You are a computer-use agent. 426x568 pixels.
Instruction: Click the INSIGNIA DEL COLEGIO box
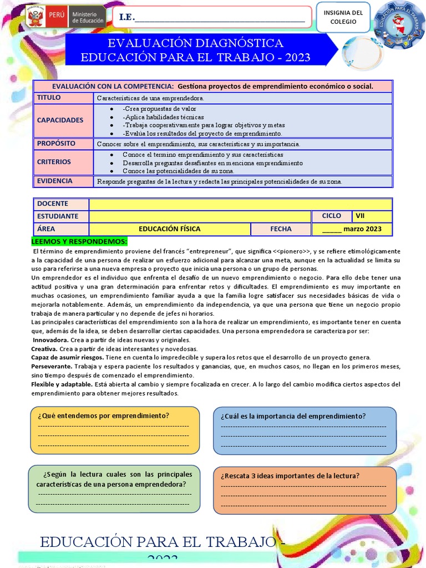tap(343, 17)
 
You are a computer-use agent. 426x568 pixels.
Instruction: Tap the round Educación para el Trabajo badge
tap(399, 25)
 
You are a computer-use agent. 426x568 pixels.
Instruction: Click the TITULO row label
tap(49, 98)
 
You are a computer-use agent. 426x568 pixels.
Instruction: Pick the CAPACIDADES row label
tap(60, 120)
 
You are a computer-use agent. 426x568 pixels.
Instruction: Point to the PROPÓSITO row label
tap(56, 143)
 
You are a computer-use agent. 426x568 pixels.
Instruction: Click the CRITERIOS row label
tap(54, 162)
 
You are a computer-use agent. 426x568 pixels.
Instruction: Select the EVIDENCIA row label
tap(55, 181)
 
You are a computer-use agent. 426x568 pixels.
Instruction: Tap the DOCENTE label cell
tap(53, 204)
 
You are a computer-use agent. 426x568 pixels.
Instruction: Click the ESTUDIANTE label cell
tap(58, 216)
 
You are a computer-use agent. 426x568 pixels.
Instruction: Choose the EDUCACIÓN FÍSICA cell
tap(170, 229)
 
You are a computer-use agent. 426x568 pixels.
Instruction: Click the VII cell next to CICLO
tap(372, 216)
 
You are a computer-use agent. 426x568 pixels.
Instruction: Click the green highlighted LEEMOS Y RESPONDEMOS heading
tap(79, 241)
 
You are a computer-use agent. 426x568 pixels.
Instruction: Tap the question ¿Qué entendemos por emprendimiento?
tap(103, 415)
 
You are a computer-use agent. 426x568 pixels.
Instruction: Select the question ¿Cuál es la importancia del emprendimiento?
tap(293, 416)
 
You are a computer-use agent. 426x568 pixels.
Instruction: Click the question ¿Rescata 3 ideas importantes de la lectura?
tap(290, 475)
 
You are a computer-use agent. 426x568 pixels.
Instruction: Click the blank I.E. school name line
tap(220, 18)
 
